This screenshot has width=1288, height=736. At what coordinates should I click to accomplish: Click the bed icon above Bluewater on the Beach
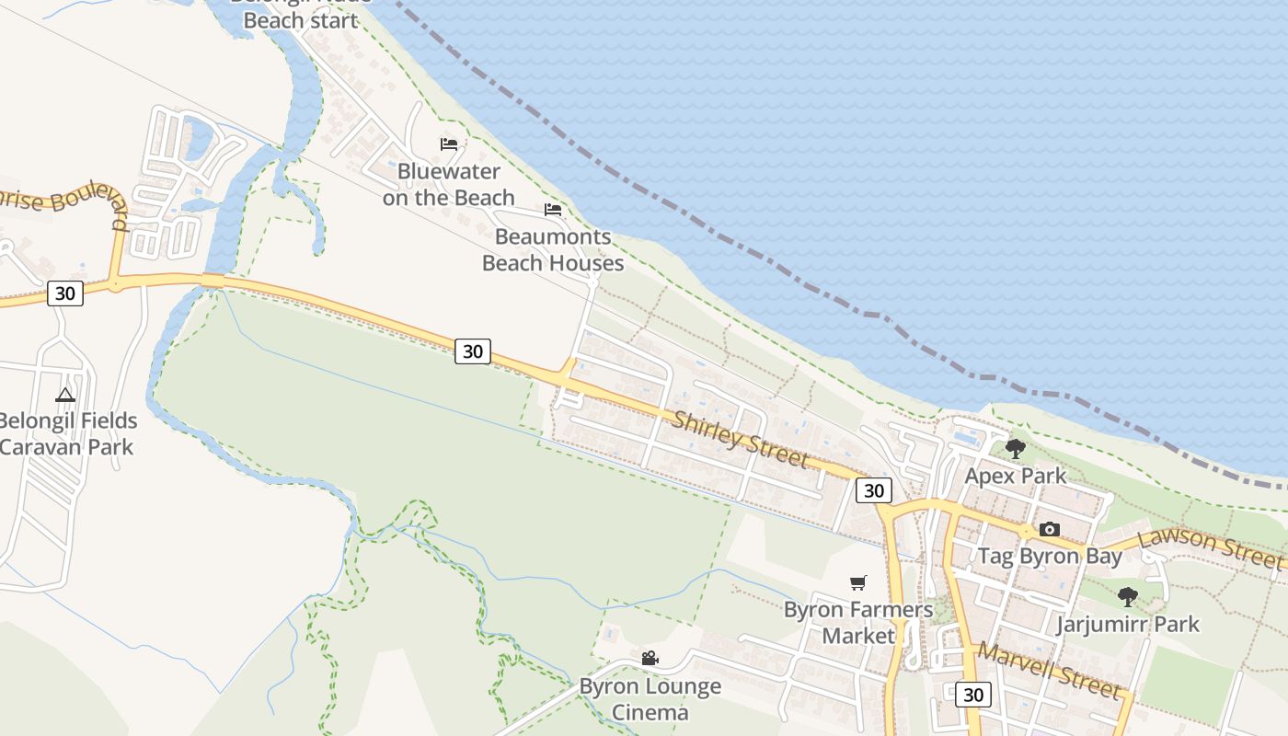coord(449,144)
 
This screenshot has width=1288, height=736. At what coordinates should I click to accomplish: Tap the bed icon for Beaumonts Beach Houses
coord(553,210)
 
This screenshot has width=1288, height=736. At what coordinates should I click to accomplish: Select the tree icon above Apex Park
coord(1016,449)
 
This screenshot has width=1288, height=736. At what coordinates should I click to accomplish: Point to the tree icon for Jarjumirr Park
coord(1128,597)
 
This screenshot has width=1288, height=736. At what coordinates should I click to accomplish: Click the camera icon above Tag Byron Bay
coord(1049,529)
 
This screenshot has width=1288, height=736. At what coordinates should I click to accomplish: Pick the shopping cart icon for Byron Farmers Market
coord(858,582)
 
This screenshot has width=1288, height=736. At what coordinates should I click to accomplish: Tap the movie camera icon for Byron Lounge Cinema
coord(650,658)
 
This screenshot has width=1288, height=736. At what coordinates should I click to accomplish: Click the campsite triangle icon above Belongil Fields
coord(64,396)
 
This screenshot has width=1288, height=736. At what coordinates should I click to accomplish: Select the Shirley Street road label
coord(741,440)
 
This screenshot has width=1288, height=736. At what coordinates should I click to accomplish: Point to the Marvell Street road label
coord(1049,671)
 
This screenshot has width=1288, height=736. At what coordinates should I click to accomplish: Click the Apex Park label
coord(1016,476)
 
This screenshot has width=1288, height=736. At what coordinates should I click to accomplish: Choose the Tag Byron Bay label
coord(1049,556)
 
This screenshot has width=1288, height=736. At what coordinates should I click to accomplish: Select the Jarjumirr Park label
coord(1128,624)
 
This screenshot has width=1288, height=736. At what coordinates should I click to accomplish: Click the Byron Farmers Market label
coord(858,622)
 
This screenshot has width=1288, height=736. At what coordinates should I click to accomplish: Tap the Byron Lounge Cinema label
coord(650,699)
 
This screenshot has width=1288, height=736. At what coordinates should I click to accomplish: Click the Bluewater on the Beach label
coord(449,184)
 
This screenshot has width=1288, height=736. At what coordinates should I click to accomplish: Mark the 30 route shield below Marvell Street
coord(973,694)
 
